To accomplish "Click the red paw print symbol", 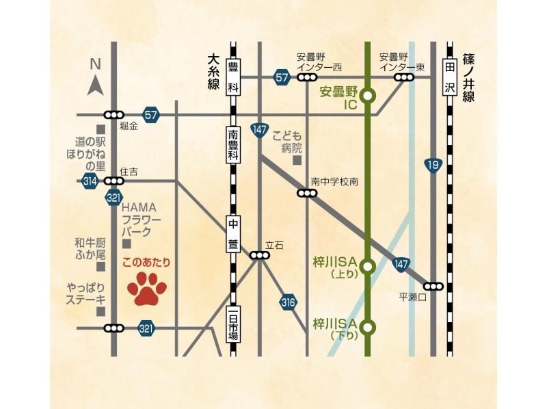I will tap(147, 289).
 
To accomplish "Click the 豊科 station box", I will tap(233, 77).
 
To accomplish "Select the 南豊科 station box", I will tap(233, 144).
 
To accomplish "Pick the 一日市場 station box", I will tap(233, 324).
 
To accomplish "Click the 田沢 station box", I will tap(449, 78).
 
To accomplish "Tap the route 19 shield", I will tap(432, 165).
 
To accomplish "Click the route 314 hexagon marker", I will tap(90, 181).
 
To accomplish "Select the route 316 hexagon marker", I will tap(288, 302).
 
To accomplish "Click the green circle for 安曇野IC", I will tap(368, 96).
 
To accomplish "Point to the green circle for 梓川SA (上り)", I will tap(368, 266).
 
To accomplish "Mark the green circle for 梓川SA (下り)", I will tap(368, 328).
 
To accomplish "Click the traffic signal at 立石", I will tap(259, 255).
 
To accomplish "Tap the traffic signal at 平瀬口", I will tap(433, 286).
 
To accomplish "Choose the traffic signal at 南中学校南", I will tap(307, 194).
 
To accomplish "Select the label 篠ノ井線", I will tap(468, 78).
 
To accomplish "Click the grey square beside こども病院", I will tap(297, 161).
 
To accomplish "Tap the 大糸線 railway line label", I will tap(213, 71).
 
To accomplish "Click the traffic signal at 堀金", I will tap(114, 114).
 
